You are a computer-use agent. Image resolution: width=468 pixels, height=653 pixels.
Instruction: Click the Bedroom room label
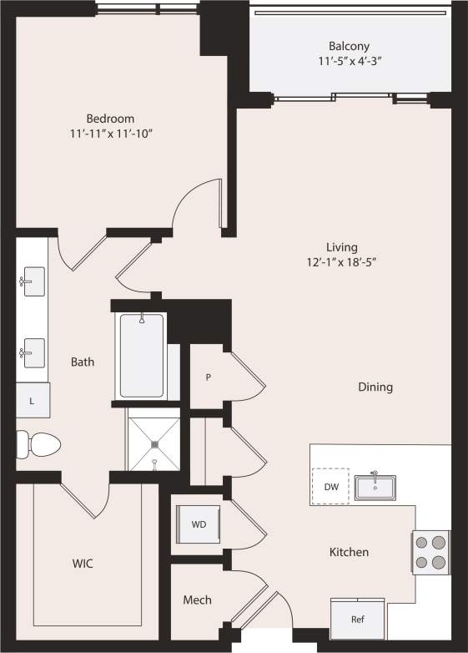point(109,119)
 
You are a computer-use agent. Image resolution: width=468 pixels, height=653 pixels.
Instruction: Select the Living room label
point(342,247)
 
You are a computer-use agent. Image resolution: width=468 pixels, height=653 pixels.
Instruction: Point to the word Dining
point(375,387)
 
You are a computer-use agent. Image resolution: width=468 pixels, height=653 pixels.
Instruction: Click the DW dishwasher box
point(330,486)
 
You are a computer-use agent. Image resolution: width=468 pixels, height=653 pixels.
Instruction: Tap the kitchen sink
point(375,486)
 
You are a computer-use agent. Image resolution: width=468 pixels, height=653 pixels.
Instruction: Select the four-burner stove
point(431,552)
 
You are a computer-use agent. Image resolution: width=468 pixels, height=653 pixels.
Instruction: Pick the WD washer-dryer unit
point(199,525)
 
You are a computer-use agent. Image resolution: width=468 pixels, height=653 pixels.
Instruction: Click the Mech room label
point(197,600)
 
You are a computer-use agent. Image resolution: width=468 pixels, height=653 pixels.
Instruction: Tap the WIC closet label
point(82,564)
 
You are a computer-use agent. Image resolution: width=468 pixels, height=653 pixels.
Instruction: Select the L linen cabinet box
point(33,401)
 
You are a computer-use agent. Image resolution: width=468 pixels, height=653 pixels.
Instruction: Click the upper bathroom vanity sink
point(33,281)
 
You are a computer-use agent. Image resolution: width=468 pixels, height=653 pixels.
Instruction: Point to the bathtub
point(142,355)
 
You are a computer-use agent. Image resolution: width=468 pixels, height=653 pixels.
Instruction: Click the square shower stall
point(153,444)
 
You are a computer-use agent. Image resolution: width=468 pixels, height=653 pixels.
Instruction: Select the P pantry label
point(208,377)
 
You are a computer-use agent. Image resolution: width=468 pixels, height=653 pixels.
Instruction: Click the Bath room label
point(82,362)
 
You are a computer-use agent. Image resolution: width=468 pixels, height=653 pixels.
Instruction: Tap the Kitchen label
point(349,552)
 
